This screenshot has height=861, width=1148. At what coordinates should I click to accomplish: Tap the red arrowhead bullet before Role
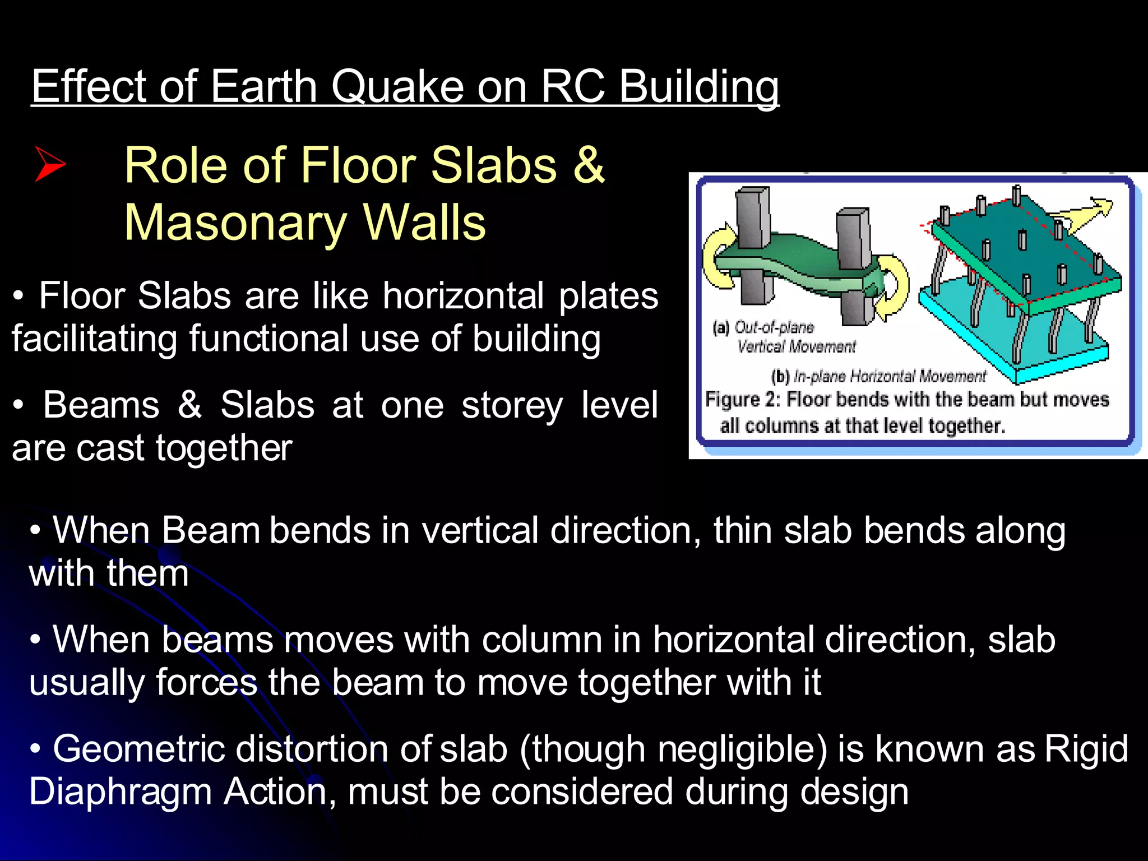50,164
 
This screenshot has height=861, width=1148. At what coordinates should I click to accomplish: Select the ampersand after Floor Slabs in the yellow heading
588,165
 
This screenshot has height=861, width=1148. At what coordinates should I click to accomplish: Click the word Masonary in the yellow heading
234,223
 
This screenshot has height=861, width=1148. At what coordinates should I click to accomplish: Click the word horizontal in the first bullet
463,295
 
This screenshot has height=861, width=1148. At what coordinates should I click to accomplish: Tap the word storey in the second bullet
512,405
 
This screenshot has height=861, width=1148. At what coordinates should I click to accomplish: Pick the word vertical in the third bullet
480,530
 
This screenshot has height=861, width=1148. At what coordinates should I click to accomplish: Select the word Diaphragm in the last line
120,792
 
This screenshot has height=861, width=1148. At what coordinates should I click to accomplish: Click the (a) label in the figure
720,327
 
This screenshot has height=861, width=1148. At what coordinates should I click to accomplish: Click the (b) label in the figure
780,376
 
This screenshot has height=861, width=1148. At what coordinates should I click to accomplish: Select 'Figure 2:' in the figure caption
743,400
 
